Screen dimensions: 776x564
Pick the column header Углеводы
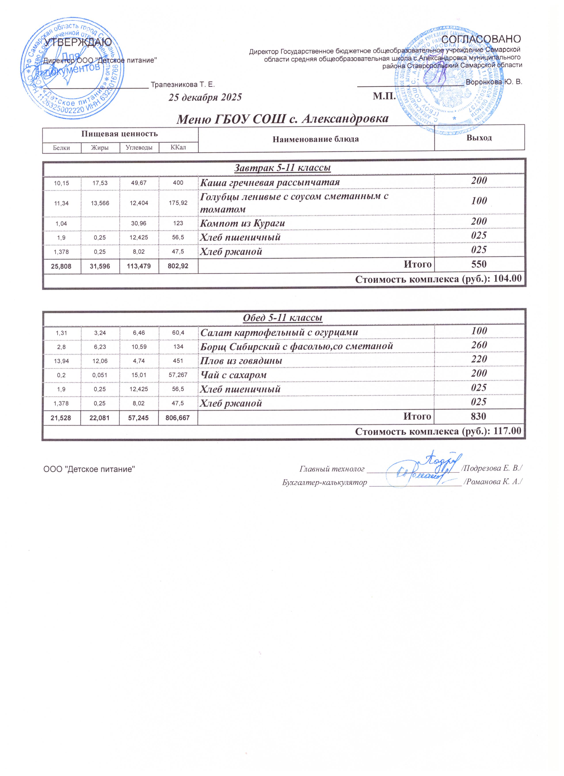pos(139,148)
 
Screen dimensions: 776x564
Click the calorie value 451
pos(178,361)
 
